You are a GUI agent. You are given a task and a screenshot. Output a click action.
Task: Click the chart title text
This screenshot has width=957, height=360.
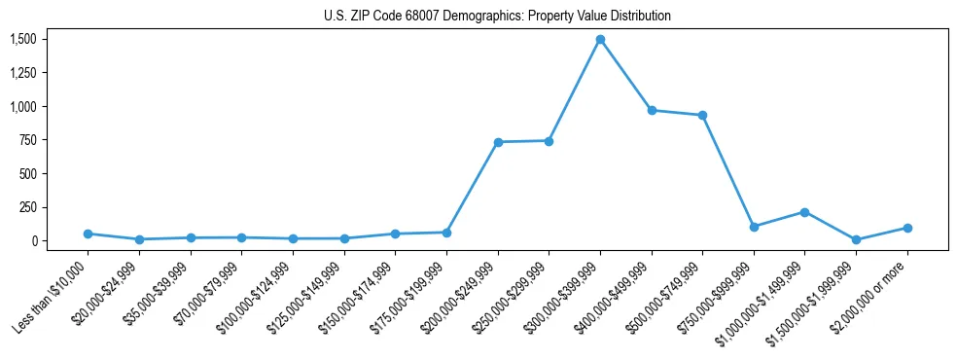coord(497,17)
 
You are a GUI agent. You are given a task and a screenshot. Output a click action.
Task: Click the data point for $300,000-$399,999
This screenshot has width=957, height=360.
coord(600,40)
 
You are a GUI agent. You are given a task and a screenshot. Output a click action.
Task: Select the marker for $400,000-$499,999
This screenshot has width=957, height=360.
coord(652,110)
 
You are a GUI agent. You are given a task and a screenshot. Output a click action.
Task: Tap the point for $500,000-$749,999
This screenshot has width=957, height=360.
coord(702,115)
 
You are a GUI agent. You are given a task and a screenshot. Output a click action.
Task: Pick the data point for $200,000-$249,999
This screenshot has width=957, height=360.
coord(498,142)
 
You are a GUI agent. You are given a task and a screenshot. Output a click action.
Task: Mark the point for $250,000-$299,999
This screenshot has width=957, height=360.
coord(549,141)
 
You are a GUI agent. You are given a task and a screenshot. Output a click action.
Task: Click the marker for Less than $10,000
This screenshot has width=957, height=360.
coord(88,234)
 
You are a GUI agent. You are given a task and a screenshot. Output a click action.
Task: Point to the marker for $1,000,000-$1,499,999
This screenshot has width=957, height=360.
coord(804,212)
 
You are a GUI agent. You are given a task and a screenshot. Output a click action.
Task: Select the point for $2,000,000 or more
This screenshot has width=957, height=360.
coord(906,228)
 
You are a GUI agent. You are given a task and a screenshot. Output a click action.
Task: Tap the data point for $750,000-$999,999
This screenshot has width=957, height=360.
coord(754,227)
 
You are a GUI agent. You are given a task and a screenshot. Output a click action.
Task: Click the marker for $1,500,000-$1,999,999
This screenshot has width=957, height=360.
coord(856,239)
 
